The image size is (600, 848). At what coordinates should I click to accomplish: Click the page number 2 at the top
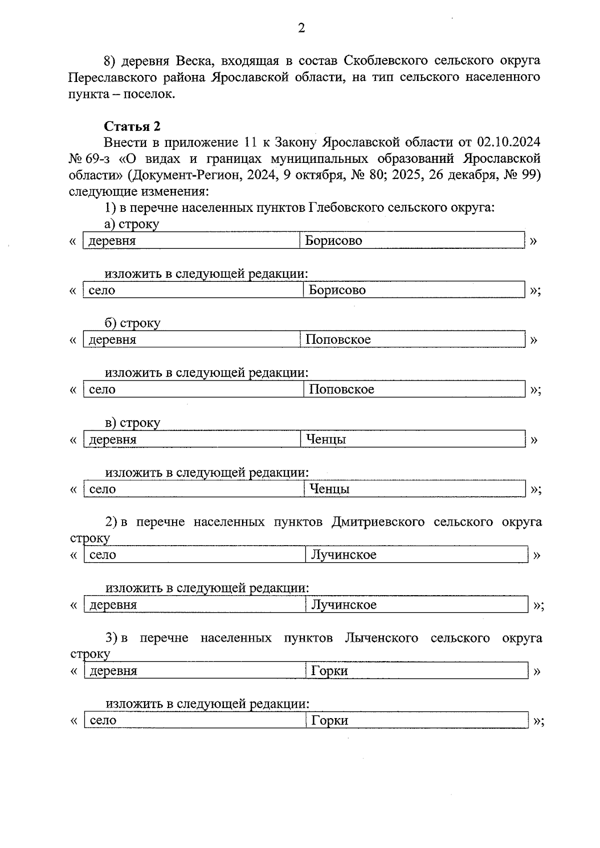[301, 28]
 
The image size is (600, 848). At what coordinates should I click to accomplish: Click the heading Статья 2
[132, 126]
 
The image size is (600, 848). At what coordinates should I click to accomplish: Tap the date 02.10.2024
[508, 142]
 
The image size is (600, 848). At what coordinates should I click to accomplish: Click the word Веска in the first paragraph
[194, 61]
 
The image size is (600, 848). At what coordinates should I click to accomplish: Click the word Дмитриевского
[377, 522]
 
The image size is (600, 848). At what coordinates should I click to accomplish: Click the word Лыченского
[381, 638]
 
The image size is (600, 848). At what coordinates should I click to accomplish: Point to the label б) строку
[132, 323]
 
